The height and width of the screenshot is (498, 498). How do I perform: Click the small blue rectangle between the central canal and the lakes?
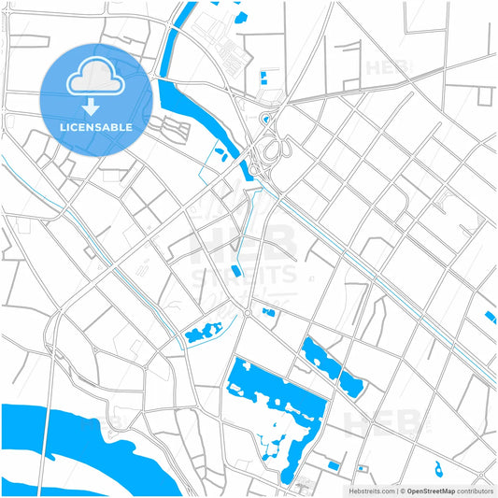(235, 271)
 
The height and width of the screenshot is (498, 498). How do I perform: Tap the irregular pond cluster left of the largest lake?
(202, 332)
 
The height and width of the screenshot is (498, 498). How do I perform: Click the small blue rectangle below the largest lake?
(334, 465)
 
